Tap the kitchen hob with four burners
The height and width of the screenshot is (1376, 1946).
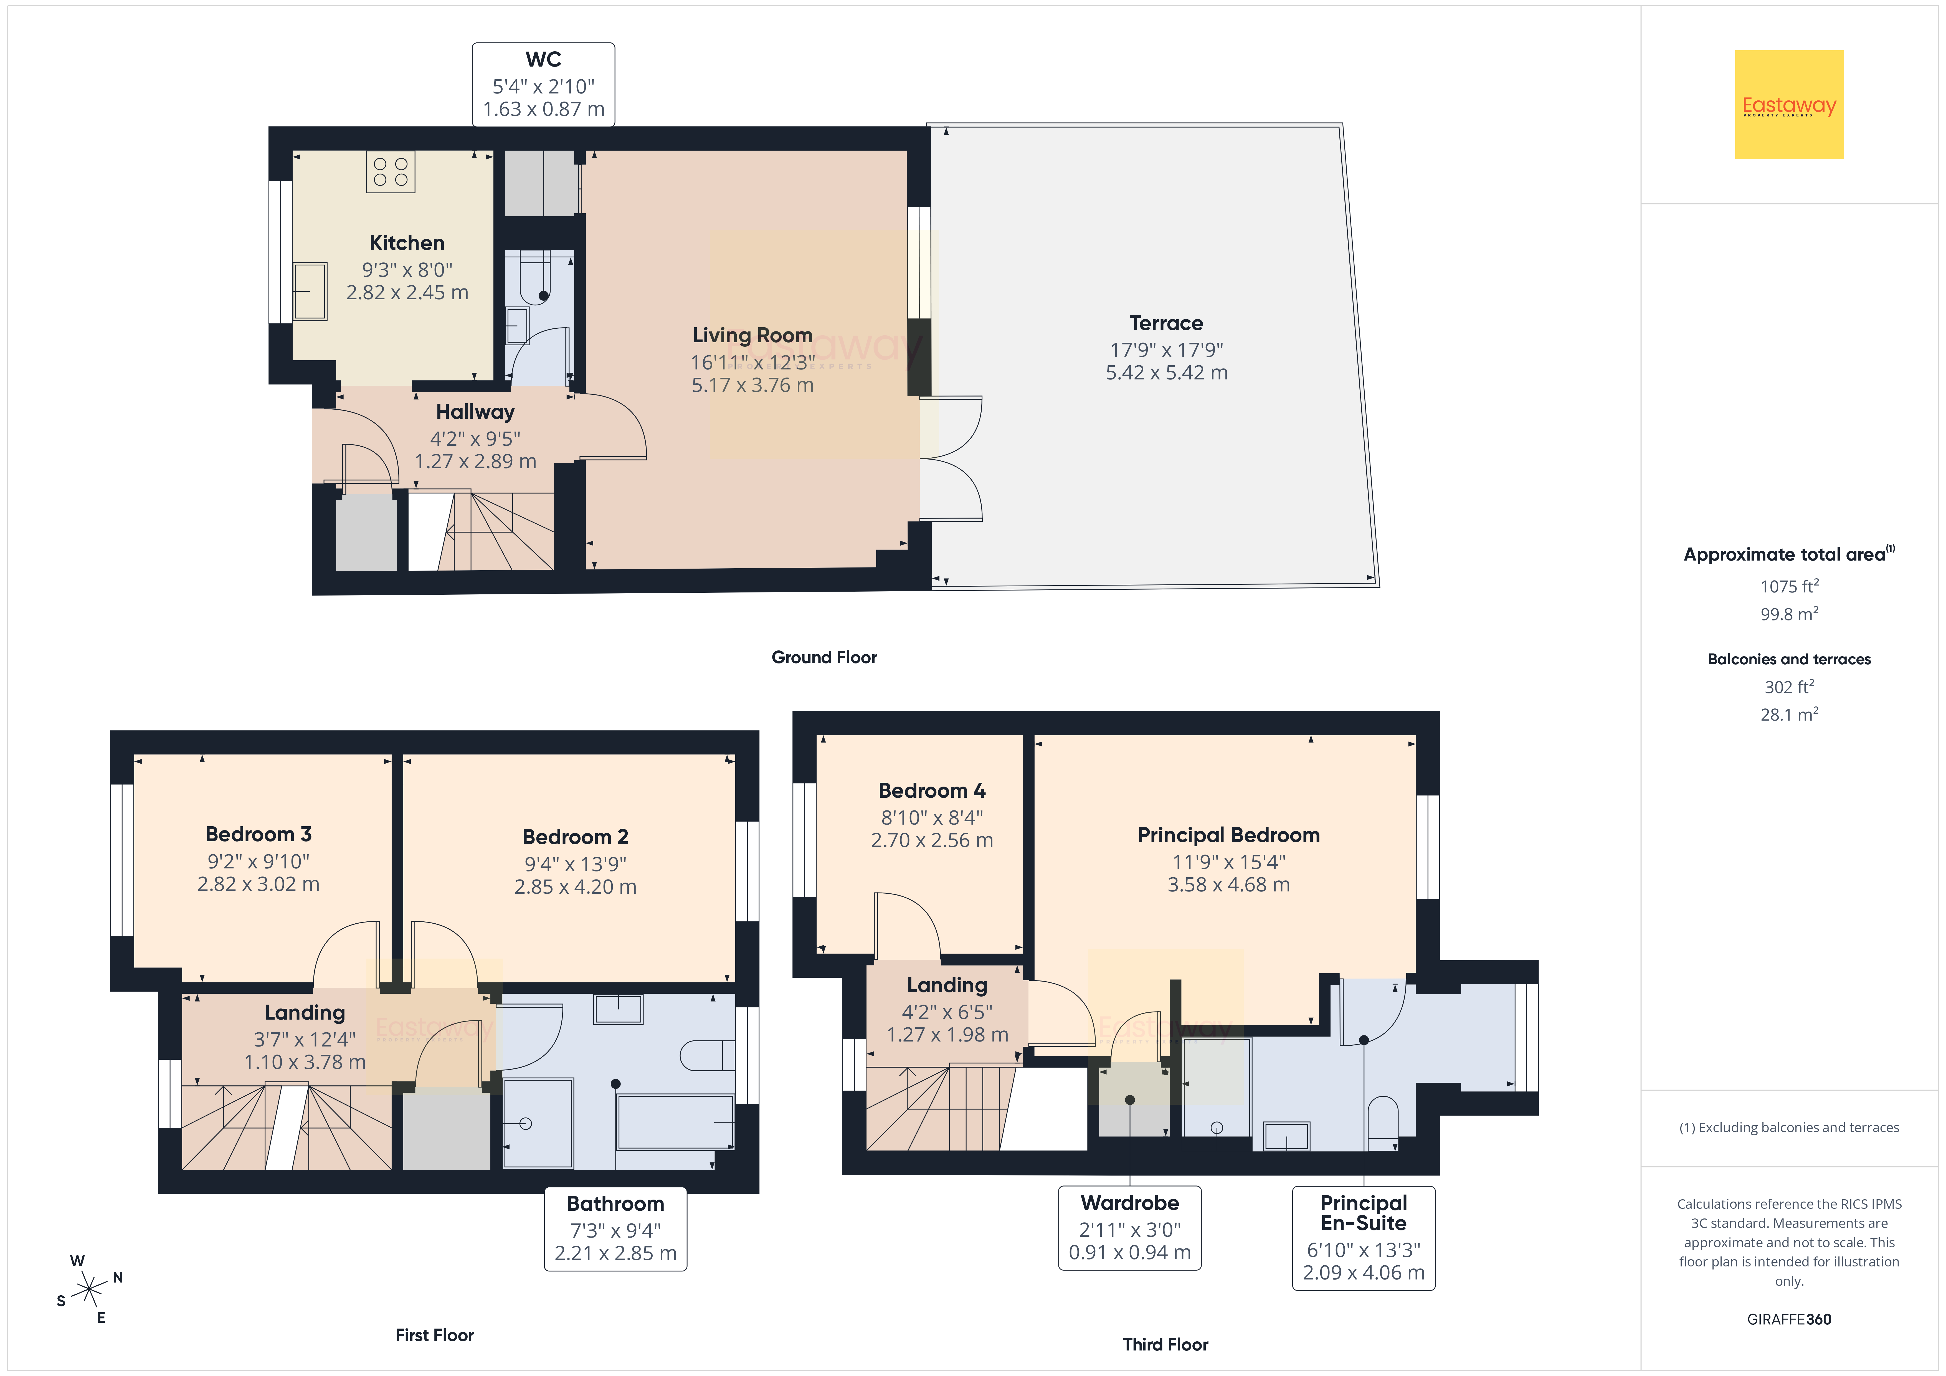tap(391, 172)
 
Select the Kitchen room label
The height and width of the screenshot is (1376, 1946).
tap(407, 243)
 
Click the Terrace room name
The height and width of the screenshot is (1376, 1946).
tap(1166, 323)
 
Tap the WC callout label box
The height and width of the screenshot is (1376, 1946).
tap(543, 85)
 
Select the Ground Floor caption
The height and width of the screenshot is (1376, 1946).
tap(824, 657)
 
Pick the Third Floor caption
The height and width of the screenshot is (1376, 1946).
tap(1165, 1345)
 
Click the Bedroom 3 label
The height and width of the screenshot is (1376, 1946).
tap(259, 834)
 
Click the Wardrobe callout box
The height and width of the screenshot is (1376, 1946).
tap(1130, 1228)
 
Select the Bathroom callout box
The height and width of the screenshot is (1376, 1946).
tap(615, 1228)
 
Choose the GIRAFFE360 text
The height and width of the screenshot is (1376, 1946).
tap(1789, 1319)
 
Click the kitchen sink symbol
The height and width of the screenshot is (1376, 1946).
tap(310, 291)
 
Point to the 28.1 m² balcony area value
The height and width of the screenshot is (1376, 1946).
tap(1789, 714)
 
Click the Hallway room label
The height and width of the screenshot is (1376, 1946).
tap(475, 412)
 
